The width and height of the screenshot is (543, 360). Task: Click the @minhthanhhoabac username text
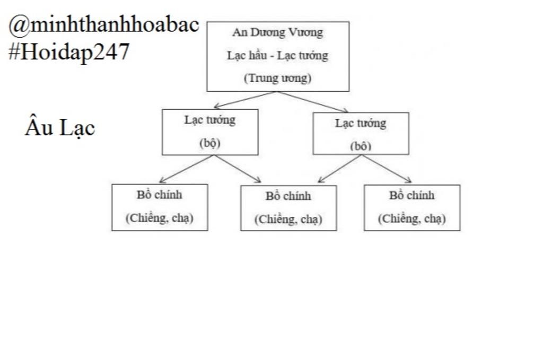tap(104, 24)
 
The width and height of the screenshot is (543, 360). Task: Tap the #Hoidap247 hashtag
tap(69, 52)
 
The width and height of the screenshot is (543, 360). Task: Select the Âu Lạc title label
tap(59, 128)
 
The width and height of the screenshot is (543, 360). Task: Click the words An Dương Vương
tap(277, 32)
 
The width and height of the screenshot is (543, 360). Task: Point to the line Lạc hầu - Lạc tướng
tap(277, 55)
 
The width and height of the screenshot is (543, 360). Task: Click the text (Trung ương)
tap(277, 78)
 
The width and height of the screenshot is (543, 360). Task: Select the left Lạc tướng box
tap(210, 131)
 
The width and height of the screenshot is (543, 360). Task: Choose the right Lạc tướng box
tap(361, 133)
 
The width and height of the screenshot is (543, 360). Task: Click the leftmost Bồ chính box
tap(159, 207)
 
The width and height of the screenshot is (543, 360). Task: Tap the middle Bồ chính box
tap(288, 207)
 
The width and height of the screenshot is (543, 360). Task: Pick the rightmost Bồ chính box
tap(411, 207)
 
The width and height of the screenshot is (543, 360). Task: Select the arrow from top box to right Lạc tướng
tap(312, 102)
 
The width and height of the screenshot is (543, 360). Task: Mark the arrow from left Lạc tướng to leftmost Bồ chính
tap(187, 169)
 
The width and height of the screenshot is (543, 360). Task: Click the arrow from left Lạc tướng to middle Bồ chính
tap(238, 169)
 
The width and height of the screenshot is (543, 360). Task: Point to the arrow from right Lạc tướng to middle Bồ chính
tap(340, 169)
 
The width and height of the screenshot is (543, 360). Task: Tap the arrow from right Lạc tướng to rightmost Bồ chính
tap(387, 169)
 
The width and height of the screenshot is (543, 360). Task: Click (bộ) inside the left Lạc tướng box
tap(209, 143)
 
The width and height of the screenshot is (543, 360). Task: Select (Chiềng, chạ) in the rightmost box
tap(411, 218)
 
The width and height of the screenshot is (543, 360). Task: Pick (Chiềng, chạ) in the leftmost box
tap(159, 218)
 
